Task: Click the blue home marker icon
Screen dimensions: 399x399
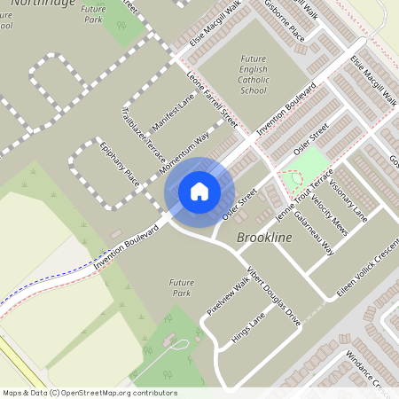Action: tap(199, 192)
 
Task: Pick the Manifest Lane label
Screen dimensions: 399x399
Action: tap(173, 113)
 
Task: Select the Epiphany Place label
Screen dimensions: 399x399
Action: tap(120, 164)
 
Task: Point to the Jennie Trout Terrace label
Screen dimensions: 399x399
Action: tap(302, 195)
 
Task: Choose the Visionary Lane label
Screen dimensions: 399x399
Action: tap(347, 199)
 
